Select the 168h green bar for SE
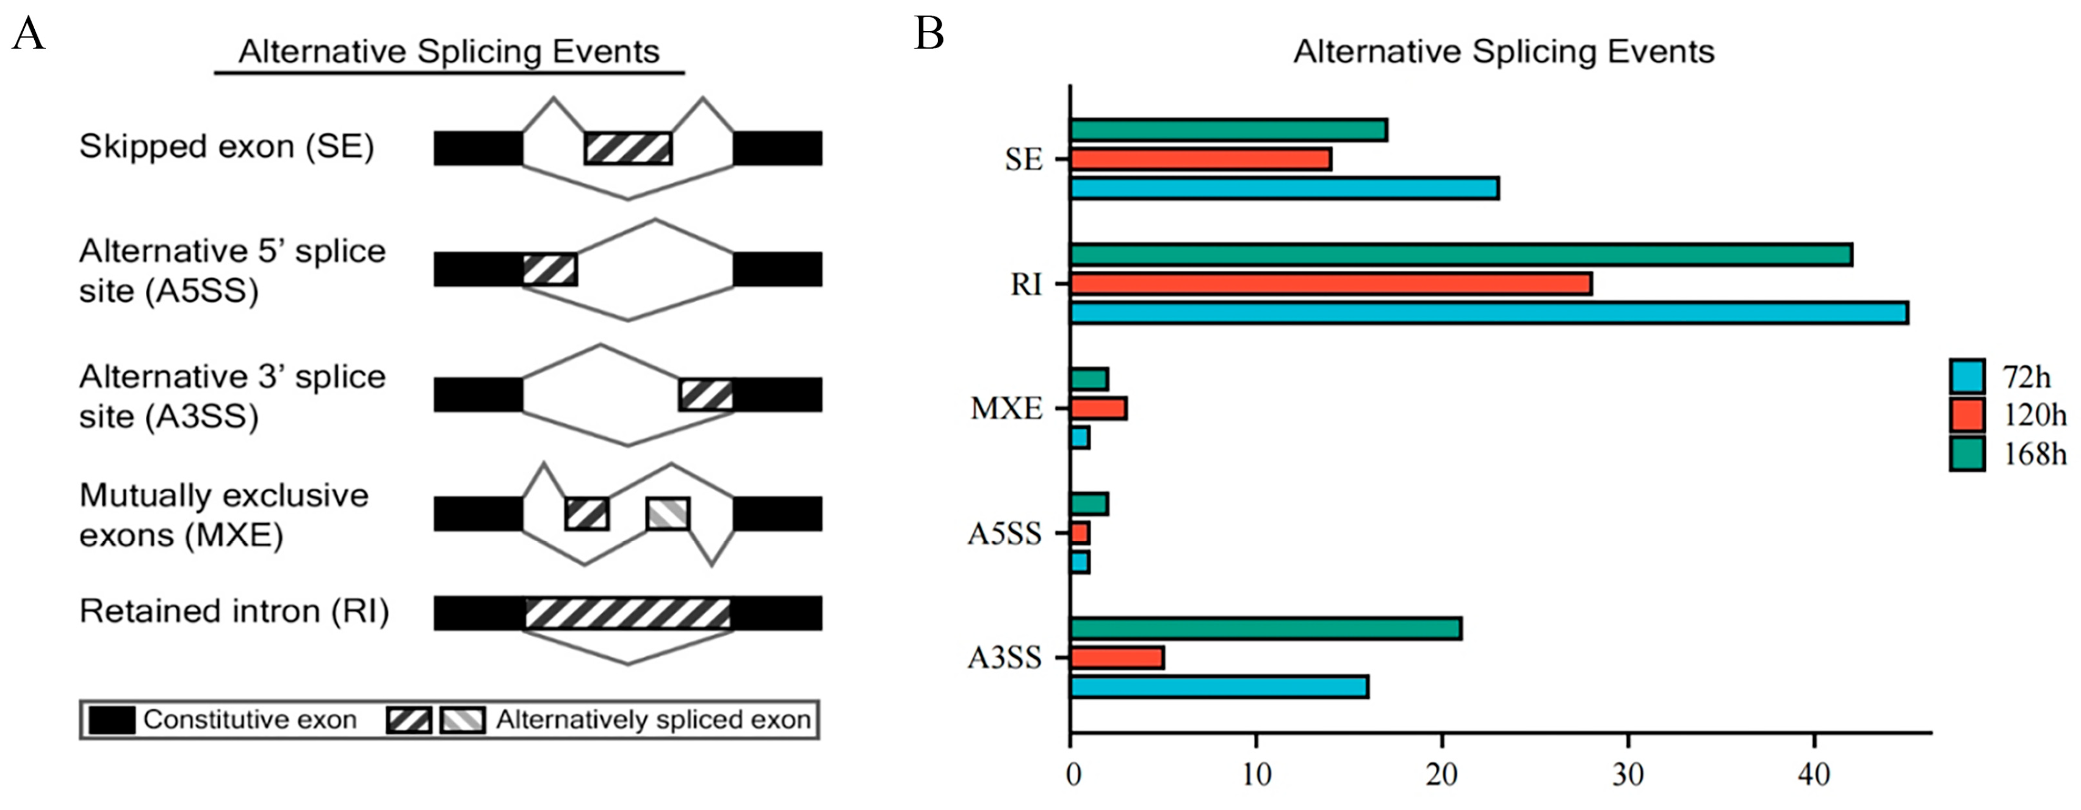click(1228, 130)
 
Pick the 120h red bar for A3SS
click(1116, 658)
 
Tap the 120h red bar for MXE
click(1098, 409)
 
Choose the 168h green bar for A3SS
click(1265, 628)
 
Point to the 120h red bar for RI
click(1330, 284)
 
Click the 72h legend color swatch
click(1966, 377)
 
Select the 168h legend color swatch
click(1966, 454)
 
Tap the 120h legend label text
click(2034, 416)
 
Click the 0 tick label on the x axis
click(1072, 776)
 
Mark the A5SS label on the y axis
click(1004, 534)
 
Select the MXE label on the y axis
click(1006, 409)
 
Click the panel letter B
click(929, 34)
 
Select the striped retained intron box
click(628, 614)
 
